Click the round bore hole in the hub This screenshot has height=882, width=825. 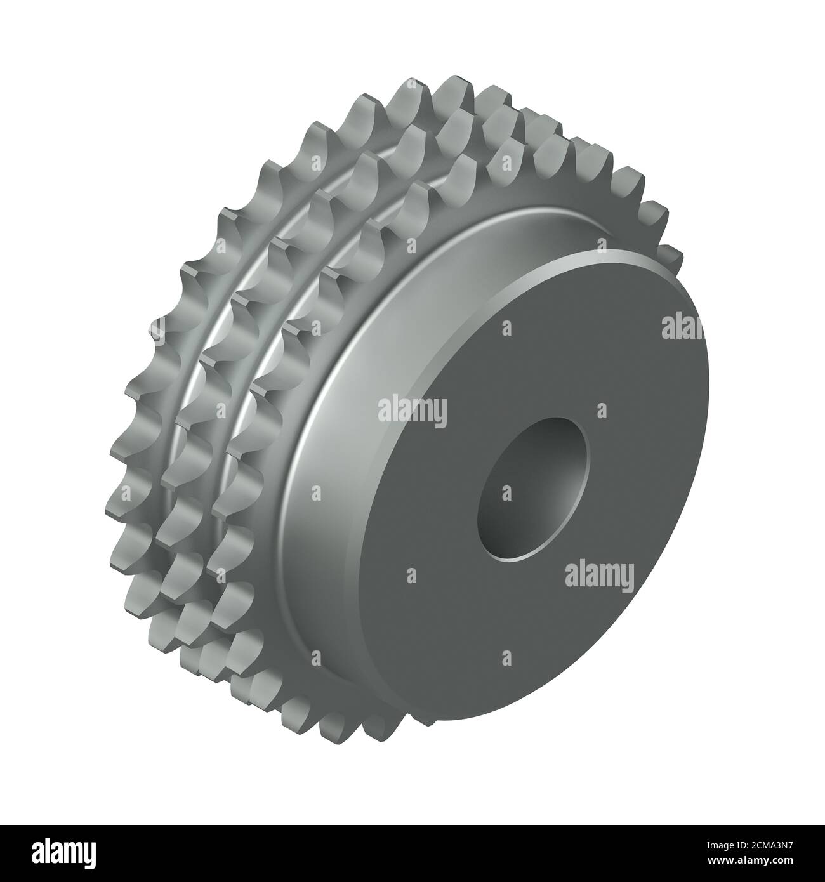[533, 489]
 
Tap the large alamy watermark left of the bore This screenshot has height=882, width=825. [412, 410]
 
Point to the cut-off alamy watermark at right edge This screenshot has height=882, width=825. [679, 327]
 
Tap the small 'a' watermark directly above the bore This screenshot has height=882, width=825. [506, 329]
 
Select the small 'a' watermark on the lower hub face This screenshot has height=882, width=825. [506, 657]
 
